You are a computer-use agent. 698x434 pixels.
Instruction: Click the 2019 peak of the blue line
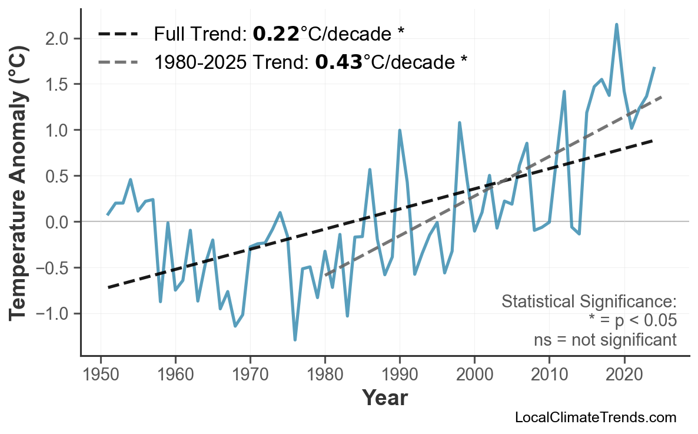[616, 24]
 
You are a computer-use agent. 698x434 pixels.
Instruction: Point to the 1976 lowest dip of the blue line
[295, 340]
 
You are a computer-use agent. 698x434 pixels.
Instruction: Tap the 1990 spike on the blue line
[400, 130]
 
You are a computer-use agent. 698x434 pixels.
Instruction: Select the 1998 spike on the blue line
[459, 122]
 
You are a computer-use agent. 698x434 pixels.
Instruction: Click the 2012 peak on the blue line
[564, 91]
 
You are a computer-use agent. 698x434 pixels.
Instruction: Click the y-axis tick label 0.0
[59, 222]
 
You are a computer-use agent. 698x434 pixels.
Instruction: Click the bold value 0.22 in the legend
[275, 35]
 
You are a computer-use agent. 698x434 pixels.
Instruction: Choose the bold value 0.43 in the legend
[338, 61]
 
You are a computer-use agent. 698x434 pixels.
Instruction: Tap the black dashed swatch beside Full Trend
[118, 35]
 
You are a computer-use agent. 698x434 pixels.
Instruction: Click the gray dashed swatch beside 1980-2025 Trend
[118, 61]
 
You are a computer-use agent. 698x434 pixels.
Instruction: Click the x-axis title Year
[384, 398]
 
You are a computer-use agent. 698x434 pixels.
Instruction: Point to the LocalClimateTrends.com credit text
[595, 418]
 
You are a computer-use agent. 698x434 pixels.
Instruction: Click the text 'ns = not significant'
[604, 340]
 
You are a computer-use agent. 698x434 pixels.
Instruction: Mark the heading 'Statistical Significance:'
[589, 302]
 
